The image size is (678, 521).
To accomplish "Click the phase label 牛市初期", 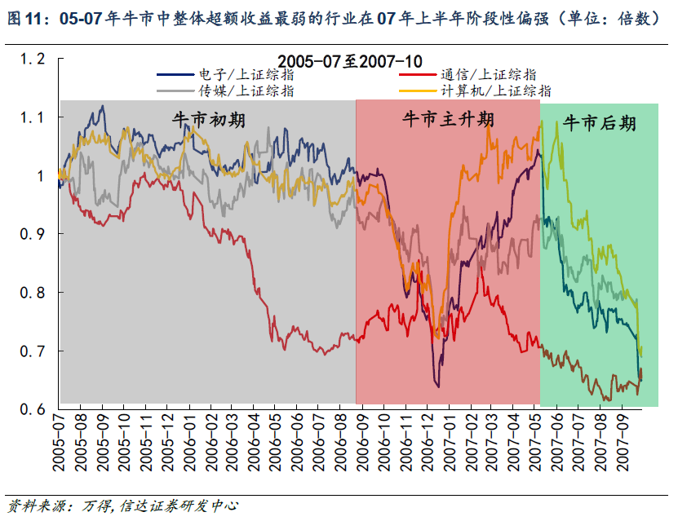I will coord(209,121).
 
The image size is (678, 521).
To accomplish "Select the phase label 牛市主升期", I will coord(448,120).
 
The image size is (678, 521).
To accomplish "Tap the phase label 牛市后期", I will coord(600,124).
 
